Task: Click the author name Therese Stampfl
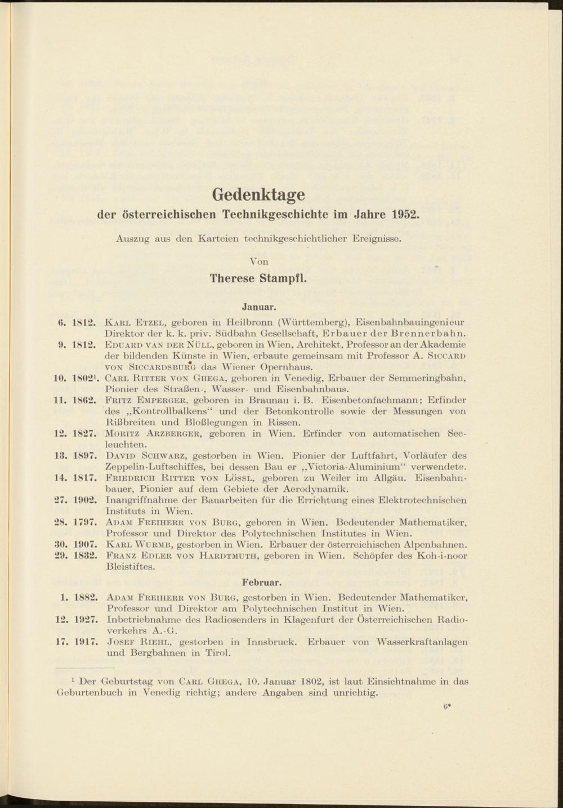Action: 258,278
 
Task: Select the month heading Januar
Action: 258,307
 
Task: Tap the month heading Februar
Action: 262,580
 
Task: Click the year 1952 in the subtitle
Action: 405,215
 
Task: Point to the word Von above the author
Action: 258,261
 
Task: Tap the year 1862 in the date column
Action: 86,401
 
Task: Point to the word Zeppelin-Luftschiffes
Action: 163,467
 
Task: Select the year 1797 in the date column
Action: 86,522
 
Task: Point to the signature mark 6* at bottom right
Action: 448,705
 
